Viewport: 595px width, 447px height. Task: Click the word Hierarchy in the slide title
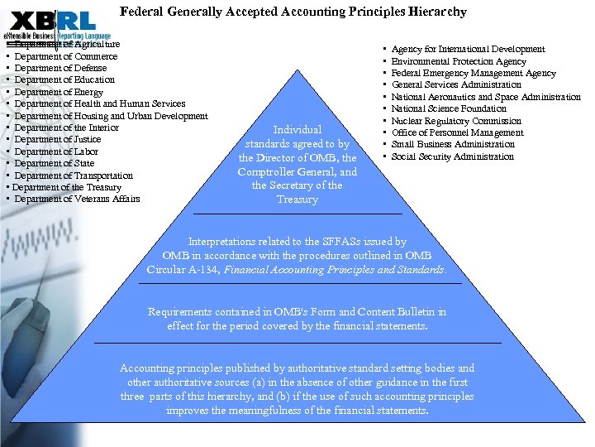point(437,12)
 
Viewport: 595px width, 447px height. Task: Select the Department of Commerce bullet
point(66,56)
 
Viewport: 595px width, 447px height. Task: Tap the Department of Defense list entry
point(63,68)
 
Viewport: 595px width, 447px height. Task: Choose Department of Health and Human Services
point(100,103)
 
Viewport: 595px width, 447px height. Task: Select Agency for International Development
point(468,49)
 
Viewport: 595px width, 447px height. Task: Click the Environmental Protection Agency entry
point(459,61)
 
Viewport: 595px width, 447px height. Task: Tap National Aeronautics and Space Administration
point(486,97)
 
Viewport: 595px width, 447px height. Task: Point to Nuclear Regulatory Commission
point(456,121)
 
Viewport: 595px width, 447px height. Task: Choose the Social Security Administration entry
point(452,156)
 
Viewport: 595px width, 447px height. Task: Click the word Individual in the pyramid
point(297,129)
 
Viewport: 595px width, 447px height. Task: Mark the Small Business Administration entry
point(453,144)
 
